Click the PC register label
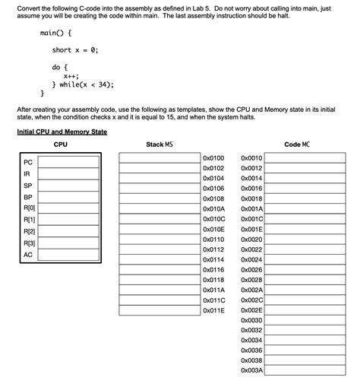[x=28, y=161]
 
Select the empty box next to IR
[x=68, y=173]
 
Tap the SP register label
[x=28, y=185]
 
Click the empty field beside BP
[x=68, y=196]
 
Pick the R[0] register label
[x=30, y=208]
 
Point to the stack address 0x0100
[x=213, y=158]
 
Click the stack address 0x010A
[x=213, y=208]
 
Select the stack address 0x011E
[x=213, y=310]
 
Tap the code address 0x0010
[x=251, y=158]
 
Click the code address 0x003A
[x=251, y=370]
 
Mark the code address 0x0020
[x=251, y=239]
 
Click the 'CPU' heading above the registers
[x=61, y=144]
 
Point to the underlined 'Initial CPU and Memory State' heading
[x=62, y=132]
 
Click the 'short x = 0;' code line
[x=75, y=50]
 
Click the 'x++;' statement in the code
[x=72, y=76]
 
